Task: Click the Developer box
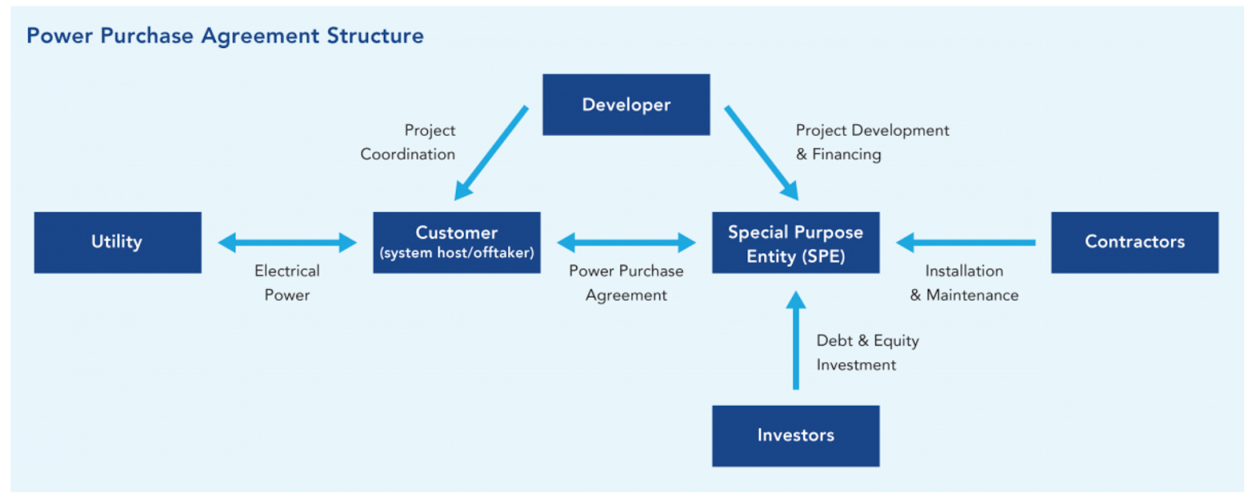click(626, 105)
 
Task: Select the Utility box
click(118, 242)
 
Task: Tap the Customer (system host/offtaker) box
click(456, 242)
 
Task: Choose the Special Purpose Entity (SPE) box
click(796, 242)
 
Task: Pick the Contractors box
click(1135, 242)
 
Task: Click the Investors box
click(796, 436)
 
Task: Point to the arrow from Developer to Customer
click(491, 152)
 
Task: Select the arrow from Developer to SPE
click(761, 152)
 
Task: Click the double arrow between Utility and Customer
click(287, 243)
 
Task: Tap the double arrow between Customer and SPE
click(626, 243)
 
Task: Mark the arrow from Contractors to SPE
click(966, 243)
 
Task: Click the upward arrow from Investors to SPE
click(796, 340)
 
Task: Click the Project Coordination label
click(407, 142)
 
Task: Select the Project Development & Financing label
click(872, 142)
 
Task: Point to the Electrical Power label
click(287, 284)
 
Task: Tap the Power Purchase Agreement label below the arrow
click(626, 284)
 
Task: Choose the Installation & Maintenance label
click(965, 284)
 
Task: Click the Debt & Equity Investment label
click(868, 353)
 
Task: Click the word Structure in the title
click(375, 36)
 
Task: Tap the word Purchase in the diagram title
click(147, 36)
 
